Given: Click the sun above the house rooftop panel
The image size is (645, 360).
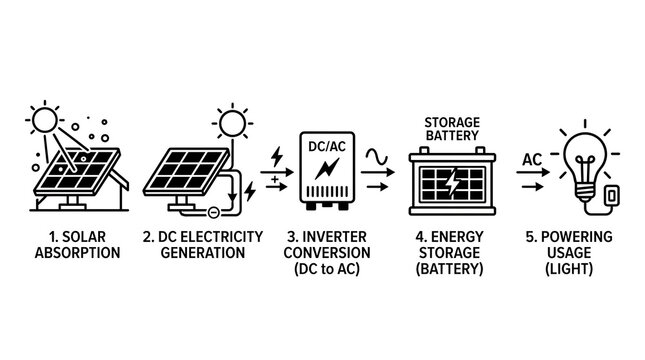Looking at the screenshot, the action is pyautogui.click(x=44, y=119).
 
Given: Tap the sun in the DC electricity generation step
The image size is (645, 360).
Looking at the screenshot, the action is pyautogui.click(x=232, y=123).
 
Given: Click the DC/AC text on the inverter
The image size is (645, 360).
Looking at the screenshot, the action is pyautogui.click(x=327, y=146).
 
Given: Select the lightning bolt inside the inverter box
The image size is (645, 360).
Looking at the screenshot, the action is pyautogui.click(x=327, y=169).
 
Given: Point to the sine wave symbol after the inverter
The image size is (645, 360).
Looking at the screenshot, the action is pyautogui.click(x=377, y=156).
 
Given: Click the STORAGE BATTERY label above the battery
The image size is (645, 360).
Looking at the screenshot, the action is pyautogui.click(x=452, y=129).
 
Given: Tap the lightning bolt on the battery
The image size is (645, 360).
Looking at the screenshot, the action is pyautogui.click(x=452, y=181).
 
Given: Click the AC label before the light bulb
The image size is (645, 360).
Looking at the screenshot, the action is pyautogui.click(x=532, y=160).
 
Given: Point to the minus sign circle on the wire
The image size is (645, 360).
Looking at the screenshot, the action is pyautogui.click(x=213, y=212).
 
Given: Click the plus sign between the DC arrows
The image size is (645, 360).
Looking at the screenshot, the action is pyautogui.click(x=274, y=179).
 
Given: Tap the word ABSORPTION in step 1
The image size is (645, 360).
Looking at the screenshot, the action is pyautogui.click(x=77, y=253).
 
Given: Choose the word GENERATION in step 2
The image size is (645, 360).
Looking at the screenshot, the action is pyautogui.click(x=203, y=253).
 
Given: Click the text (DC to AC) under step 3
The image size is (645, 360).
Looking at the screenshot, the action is pyautogui.click(x=327, y=269).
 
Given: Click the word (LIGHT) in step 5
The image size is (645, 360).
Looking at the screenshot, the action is pyautogui.click(x=569, y=269).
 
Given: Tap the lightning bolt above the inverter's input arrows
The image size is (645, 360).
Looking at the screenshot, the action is pyautogui.click(x=277, y=157).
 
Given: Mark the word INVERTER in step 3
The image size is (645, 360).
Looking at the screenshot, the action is pyautogui.click(x=334, y=237).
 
